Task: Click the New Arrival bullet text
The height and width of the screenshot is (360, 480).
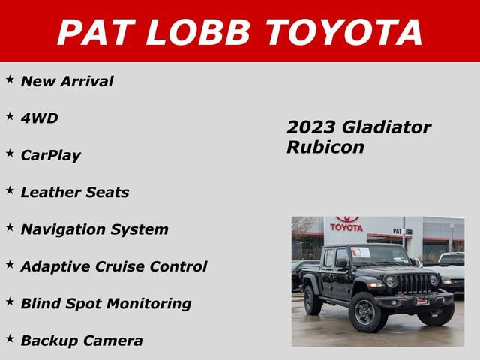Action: point(67,81)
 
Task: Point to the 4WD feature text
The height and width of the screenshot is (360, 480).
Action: point(39,118)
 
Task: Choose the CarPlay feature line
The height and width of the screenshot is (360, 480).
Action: point(50,155)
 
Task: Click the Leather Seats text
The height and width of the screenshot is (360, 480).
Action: point(74,192)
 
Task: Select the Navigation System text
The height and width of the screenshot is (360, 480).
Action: point(94,229)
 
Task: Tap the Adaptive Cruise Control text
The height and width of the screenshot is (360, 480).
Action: point(113,266)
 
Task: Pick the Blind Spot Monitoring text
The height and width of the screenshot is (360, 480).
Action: point(106,303)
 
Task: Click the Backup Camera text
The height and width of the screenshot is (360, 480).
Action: point(81,340)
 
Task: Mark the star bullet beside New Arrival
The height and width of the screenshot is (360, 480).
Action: point(10,79)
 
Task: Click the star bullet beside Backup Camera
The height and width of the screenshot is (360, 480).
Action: point(10,337)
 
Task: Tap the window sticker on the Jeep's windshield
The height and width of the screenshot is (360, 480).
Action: point(361,253)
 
